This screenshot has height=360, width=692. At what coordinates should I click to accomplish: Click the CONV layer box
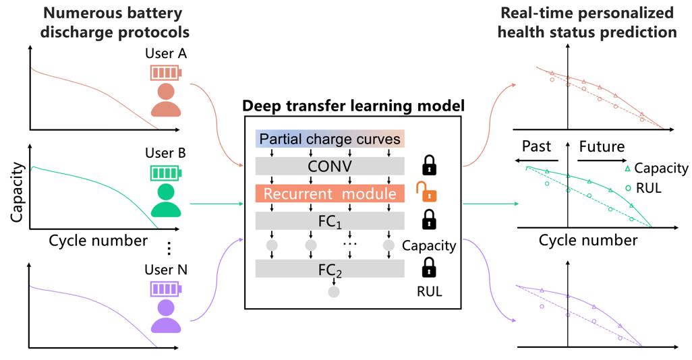pos(329,166)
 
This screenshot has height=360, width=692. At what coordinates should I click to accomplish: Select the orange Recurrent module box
pos(329,194)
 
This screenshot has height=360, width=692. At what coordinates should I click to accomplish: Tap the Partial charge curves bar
pos(329,140)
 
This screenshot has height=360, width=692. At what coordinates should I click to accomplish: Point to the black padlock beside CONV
pos(428,164)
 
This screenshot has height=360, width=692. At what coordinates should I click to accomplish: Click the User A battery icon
pos(165,72)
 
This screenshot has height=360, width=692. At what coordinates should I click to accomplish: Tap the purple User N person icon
pos(165,317)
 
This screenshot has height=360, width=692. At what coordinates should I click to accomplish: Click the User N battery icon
pos(165,290)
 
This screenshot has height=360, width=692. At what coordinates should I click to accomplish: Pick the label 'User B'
pos(165,152)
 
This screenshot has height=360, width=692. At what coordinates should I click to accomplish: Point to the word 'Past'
pos(537,147)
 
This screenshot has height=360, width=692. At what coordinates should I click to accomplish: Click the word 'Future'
pos(602,147)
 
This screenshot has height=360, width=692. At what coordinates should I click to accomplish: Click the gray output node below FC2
pos(333,293)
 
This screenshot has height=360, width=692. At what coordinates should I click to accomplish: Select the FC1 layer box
pos(329,221)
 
